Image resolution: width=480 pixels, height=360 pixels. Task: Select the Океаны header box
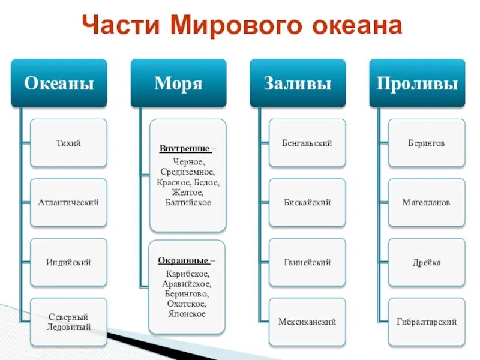(59, 83)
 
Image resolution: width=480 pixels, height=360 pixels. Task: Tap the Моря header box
(178, 83)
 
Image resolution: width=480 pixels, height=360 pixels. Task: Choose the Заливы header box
(298, 83)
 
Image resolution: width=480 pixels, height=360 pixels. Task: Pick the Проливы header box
(417, 83)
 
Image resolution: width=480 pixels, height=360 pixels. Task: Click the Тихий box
(68, 143)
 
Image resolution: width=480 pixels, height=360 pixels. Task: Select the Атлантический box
(68, 202)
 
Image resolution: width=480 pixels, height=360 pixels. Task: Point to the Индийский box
(68, 262)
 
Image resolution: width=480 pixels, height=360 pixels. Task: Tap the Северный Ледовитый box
(68, 322)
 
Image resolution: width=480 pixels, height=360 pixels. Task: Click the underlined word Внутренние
(184, 148)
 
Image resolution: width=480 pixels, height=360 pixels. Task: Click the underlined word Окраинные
(184, 260)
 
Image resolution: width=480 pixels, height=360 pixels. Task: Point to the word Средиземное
(188, 172)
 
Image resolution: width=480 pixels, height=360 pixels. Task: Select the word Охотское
(188, 304)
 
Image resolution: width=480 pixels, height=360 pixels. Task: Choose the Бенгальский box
(307, 143)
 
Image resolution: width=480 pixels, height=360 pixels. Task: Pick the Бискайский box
(307, 202)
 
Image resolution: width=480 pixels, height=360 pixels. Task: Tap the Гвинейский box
(307, 262)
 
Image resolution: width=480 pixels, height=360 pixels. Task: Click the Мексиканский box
(307, 322)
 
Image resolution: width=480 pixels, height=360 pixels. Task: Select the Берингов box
(427, 143)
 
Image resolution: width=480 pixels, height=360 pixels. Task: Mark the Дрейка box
(427, 262)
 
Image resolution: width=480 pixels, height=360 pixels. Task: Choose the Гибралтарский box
(427, 322)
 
